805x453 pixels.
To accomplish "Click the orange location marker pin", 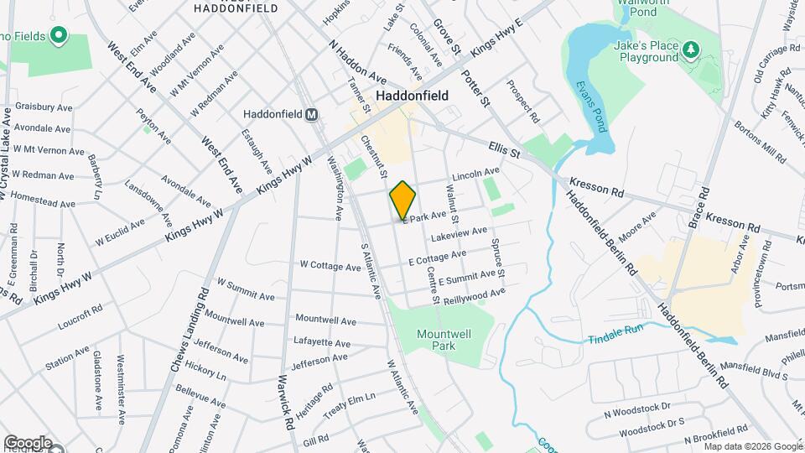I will (x=403, y=200).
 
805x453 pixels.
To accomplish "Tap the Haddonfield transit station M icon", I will (x=311, y=114).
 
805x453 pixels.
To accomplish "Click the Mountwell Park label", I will (x=444, y=339).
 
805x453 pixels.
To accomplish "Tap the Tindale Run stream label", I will (x=615, y=328).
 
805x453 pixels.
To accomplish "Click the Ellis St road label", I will (x=505, y=151).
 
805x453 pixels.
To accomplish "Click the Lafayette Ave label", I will (x=322, y=342).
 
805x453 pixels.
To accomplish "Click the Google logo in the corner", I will (x=27, y=442).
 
